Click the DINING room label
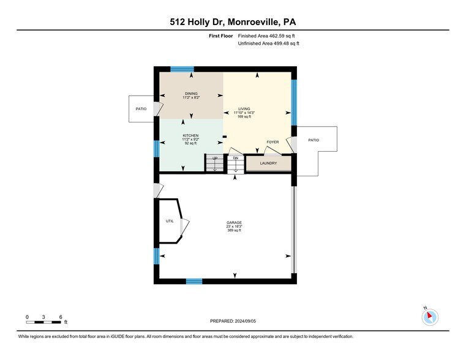click(x=191, y=94)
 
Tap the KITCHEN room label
click(x=190, y=135)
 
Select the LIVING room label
click(x=244, y=109)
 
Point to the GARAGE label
click(x=234, y=222)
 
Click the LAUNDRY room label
click(x=268, y=163)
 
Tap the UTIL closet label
click(x=170, y=221)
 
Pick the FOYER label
click(x=272, y=142)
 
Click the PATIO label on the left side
click(x=141, y=109)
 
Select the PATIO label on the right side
click(x=314, y=140)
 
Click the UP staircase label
click(x=214, y=158)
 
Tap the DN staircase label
click(x=235, y=158)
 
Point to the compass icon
click(x=430, y=317)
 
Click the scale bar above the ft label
click(x=43, y=322)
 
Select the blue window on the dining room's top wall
click(x=182, y=69)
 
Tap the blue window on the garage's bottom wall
click(x=194, y=281)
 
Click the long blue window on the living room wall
click(x=294, y=102)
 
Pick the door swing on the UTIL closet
click(x=184, y=227)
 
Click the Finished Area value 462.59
click(x=277, y=36)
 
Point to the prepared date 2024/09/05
click(x=245, y=321)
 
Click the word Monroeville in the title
click(x=253, y=22)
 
